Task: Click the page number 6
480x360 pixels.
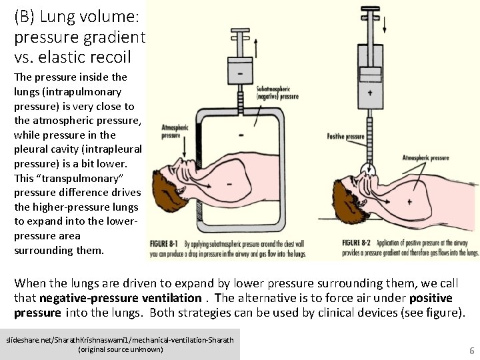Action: (471, 349)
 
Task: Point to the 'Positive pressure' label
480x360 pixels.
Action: (345, 136)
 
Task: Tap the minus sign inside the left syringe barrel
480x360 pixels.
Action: (237, 70)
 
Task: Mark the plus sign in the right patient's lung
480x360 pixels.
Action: (408, 183)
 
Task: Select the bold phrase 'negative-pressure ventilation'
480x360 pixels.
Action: (121, 297)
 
